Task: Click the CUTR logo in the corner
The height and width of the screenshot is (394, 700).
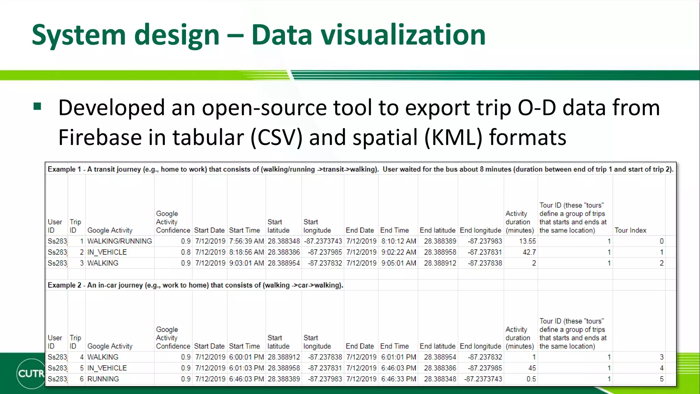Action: pos(31,373)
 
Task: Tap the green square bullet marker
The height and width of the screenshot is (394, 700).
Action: pos(37,107)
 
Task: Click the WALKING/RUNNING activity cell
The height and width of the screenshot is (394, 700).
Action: pos(119,241)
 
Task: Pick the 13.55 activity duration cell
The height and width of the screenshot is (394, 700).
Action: pos(527,241)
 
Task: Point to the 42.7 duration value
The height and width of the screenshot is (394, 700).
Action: pos(529,252)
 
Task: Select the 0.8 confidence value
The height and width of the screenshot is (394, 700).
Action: pos(186,252)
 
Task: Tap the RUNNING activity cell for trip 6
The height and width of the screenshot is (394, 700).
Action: pos(103,379)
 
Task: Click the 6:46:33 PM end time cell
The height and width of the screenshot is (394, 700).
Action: pos(399,379)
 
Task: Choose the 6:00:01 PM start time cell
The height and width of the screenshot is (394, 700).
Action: pos(246,357)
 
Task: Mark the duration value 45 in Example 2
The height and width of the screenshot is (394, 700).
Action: pos(532,368)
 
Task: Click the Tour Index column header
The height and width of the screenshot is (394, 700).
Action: pos(630,230)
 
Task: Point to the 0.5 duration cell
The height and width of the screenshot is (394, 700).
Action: pos(531,379)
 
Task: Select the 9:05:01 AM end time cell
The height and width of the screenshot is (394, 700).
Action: pos(399,263)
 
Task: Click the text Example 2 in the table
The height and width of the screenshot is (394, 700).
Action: pos(64,285)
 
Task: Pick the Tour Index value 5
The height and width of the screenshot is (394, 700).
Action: pos(661,379)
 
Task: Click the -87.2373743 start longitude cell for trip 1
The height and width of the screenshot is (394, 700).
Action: pos(323,241)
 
